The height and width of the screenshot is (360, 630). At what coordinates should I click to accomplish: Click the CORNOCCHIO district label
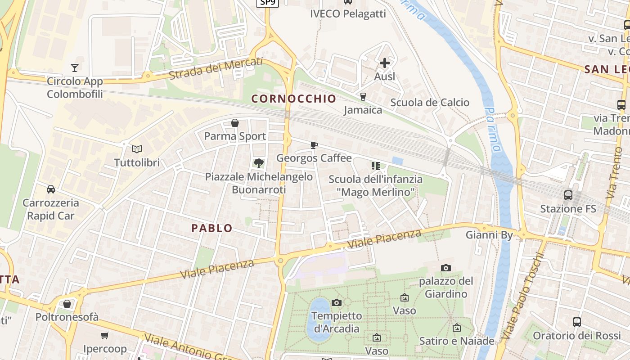293,99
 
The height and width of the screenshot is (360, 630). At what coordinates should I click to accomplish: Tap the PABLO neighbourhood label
212,228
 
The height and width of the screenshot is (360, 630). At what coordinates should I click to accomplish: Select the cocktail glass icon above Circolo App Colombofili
75,68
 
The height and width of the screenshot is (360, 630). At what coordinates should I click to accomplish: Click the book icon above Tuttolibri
136,149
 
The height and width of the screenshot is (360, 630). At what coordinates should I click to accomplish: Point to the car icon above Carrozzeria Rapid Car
51,189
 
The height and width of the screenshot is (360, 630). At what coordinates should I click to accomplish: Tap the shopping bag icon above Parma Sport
234,123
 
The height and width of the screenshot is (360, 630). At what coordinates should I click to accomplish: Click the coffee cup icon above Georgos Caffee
314,145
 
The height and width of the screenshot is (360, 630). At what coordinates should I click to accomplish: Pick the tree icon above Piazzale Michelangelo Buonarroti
258,163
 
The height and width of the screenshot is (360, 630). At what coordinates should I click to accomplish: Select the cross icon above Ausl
385,63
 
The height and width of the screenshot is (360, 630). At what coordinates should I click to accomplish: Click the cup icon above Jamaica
363,96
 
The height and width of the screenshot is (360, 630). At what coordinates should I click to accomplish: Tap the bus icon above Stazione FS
568,195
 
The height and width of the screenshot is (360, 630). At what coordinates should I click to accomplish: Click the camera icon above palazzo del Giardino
446,268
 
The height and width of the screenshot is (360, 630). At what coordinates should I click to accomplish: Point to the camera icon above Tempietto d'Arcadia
336,302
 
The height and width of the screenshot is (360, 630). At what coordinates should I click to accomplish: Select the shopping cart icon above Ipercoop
105,335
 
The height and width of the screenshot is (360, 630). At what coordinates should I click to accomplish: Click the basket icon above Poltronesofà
67,304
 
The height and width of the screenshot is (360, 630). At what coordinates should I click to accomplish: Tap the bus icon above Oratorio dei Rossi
577,322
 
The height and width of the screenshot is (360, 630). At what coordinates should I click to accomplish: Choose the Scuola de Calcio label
430,103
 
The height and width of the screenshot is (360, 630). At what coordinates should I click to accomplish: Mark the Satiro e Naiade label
457,341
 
